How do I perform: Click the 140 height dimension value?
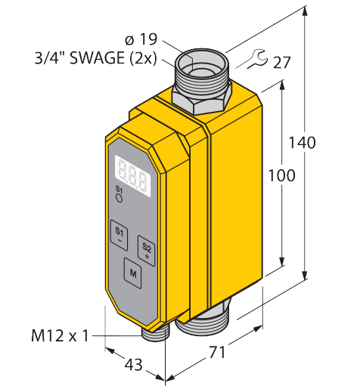[302, 143]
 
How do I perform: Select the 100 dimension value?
[281, 175]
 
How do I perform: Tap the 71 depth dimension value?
[217, 352]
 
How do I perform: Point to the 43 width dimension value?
[134, 364]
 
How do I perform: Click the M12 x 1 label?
[60, 335]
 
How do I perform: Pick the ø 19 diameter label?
[141, 39]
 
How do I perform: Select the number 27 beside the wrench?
[281, 62]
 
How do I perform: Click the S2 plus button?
[146, 251]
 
